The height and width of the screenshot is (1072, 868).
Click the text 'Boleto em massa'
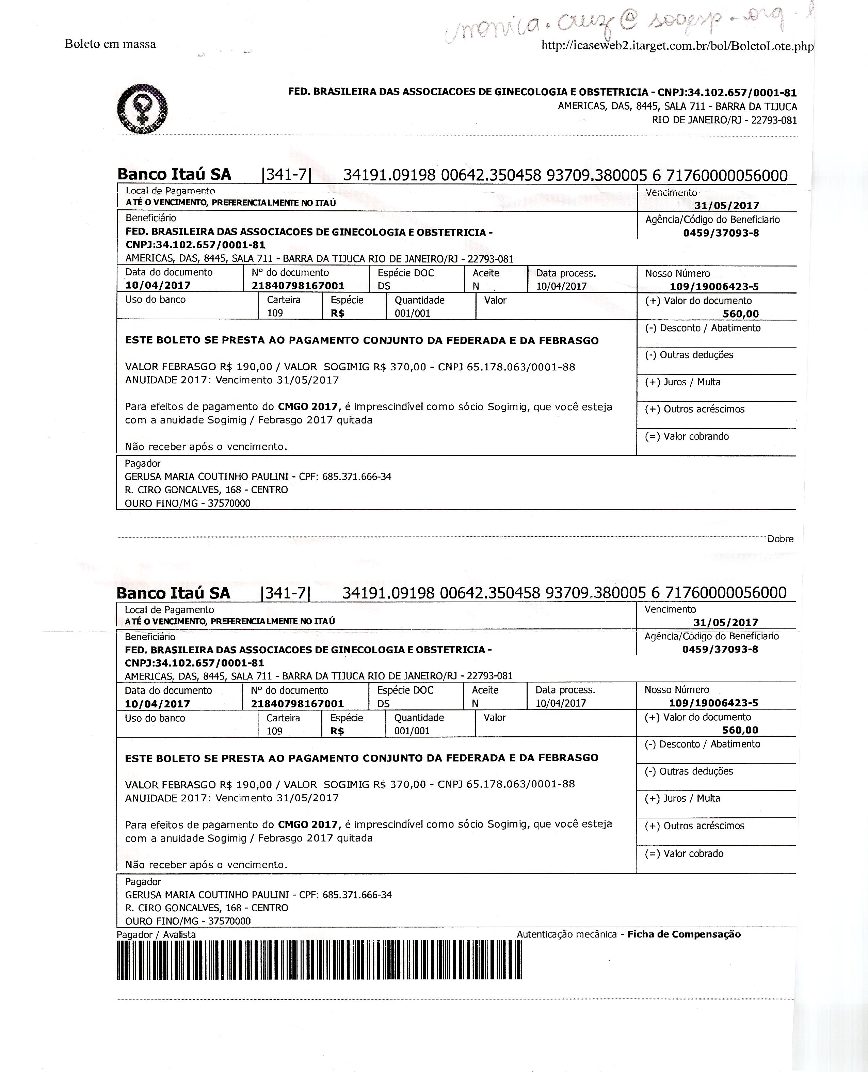(110, 44)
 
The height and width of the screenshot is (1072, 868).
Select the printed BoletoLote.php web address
(677, 47)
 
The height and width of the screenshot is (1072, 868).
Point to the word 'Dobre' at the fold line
(780, 539)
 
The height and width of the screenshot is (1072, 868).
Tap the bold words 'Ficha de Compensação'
(684, 934)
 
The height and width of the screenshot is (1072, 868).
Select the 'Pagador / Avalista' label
(156, 934)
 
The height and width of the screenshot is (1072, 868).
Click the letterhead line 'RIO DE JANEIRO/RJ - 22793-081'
(724, 120)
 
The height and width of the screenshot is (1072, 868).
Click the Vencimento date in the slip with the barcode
(726, 623)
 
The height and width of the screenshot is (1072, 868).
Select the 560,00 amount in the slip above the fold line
(740, 314)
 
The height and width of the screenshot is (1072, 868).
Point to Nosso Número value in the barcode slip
(713, 703)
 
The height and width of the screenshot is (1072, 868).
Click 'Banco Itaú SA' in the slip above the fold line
(174, 175)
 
